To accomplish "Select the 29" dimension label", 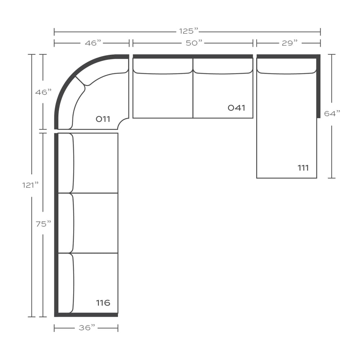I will (290, 43).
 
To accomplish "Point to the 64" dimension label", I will (332, 113).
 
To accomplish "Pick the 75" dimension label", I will (43, 224).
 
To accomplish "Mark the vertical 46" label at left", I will (43, 92).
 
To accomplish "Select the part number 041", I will (236, 108).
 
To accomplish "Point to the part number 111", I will (303, 168).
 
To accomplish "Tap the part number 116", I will (103, 303).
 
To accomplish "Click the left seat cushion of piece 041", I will (163, 95).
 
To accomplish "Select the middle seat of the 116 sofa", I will (96, 223).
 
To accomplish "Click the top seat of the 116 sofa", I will (96, 163).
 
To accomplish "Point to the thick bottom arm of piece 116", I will (86, 315).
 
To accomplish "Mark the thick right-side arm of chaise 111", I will (319, 86).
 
